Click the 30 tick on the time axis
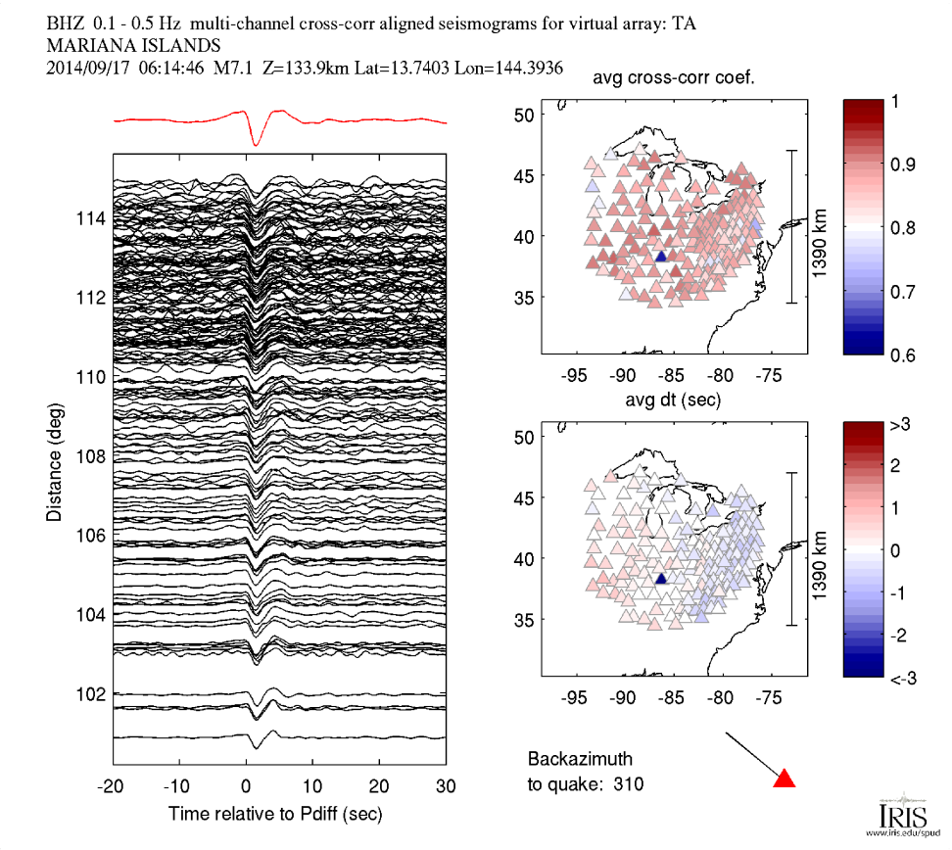click(x=446, y=786)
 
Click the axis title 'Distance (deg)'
click(x=55, y=460)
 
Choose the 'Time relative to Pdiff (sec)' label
click(x=275, y=813)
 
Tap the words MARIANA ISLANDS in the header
click(x=133, y=46)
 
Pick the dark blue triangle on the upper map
click(x=661, y=257)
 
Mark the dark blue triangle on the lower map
click(x=661, y=579)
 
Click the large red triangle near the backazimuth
click(x=784, y=779)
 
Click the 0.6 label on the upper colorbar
click(x=903, y=354)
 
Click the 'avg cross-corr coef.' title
click(x=674, y=79)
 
